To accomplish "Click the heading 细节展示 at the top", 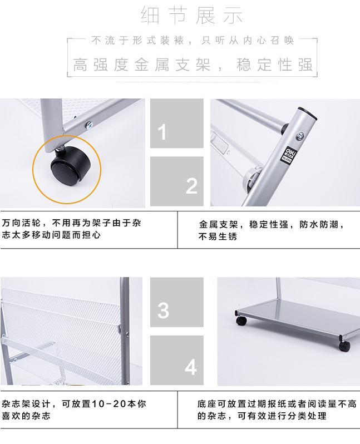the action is click(192, 15).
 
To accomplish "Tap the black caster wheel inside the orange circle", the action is click(71, 165).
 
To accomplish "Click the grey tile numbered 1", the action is click(177, 123).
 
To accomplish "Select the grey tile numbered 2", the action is click(177, 181).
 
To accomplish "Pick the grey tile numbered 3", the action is click(177, 302).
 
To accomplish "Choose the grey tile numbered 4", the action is click(177, 360).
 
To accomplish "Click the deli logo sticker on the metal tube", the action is click(288, 155).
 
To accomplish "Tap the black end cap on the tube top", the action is click(307, 112).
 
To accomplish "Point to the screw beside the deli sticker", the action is click(300, 136).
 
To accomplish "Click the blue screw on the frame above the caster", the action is click(90, 124).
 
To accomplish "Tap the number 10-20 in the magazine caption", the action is click(109, 404).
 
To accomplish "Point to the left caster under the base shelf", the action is click(241, 320).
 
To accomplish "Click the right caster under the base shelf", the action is click(344, 346).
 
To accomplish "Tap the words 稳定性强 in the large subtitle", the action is click(275, 65).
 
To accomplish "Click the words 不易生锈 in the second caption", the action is click(218, 236).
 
